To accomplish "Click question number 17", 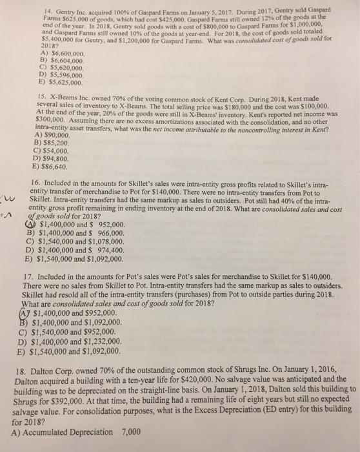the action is click(28, 273).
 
